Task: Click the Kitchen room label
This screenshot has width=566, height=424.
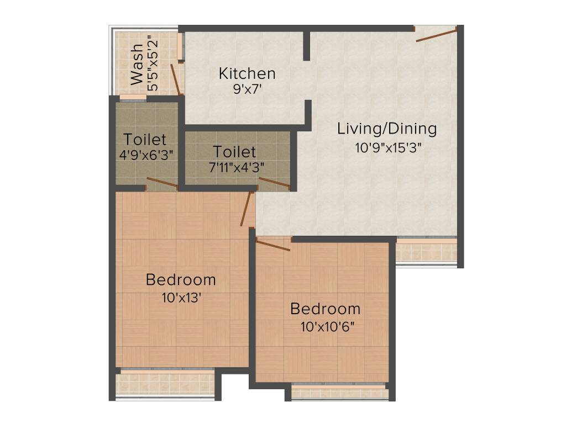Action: tap(247, 73)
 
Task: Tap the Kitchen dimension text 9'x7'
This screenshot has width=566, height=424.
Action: tap(247, 89)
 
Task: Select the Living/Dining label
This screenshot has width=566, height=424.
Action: tap(387, 129)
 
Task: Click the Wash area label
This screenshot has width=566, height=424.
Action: tap(137, 65)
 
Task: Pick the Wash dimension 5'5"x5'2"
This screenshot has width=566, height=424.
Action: tap(152, 63)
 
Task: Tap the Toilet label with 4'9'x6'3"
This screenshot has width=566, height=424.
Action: tap(145, 139)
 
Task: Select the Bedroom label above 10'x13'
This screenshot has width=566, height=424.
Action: tap(181, 279)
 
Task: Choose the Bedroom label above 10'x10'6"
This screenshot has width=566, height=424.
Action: tap(325, 309)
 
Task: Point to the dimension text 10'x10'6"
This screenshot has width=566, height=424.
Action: tap(327, 326)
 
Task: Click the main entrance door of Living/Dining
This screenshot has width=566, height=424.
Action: tap(437, 35)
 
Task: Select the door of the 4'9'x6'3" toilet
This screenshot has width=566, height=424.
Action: tap(162, 183)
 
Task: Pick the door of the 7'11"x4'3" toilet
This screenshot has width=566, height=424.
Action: tap(274, 183)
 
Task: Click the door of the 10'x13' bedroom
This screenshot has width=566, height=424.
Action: tap(246, 208)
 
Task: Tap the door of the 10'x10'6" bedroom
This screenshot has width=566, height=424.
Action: tap(273, 245)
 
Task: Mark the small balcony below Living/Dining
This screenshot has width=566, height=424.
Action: tap(426, 251)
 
